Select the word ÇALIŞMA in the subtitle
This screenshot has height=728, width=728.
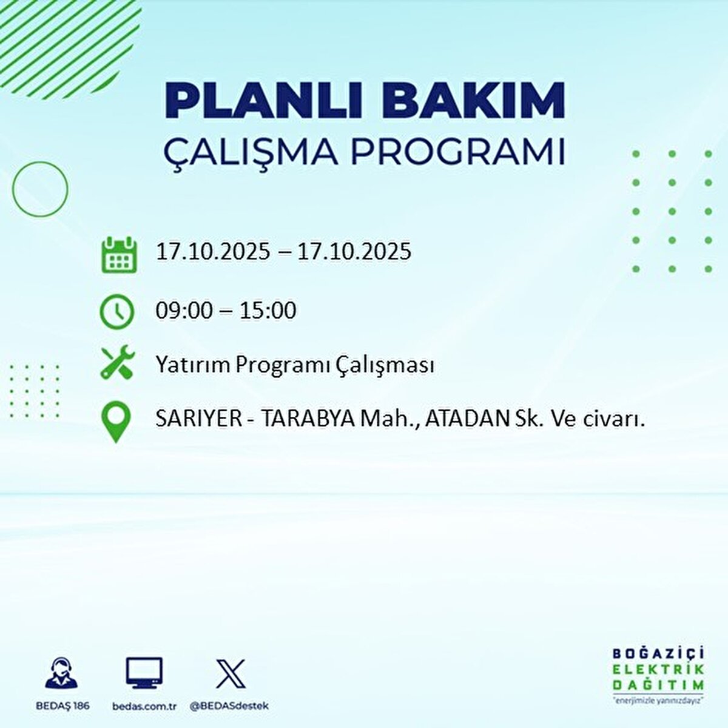click(251, 152)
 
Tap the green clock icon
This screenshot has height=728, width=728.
click(116, 312)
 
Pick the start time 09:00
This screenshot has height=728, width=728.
click(184, 311)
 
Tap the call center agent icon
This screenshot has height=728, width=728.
click(61, 673)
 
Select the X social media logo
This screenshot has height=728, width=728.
click(231, 673)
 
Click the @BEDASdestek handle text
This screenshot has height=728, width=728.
click(229, 706)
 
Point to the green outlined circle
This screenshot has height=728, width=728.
click(40, 189)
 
